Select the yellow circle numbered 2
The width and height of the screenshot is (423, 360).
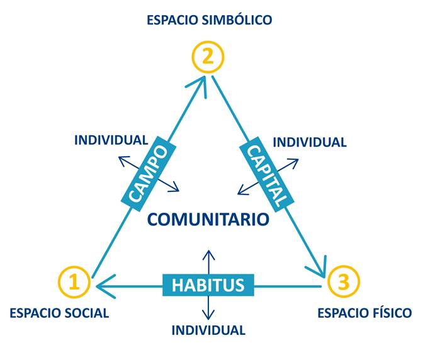click(208, 57)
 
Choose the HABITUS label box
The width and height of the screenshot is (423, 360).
click(208, 284)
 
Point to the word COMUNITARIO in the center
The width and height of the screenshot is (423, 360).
click(208, 219)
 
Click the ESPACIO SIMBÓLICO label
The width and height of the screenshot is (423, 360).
click(209, 20)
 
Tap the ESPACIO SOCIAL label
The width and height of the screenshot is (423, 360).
click(59, 313)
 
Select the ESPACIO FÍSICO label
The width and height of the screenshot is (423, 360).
click(364, 313)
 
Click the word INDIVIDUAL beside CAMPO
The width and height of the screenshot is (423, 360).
click(111, 140)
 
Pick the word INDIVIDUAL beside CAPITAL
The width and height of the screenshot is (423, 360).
click(309, 142)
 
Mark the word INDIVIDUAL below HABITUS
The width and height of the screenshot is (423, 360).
click(208, 330)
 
